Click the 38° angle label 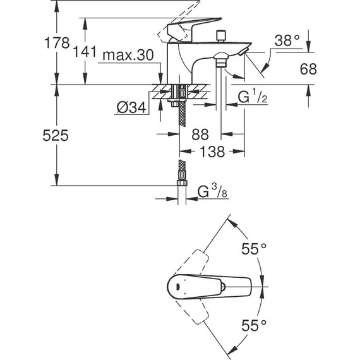(x=287, y=41)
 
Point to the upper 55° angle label (x=253, y=250)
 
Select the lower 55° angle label (x=253, y=326)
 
